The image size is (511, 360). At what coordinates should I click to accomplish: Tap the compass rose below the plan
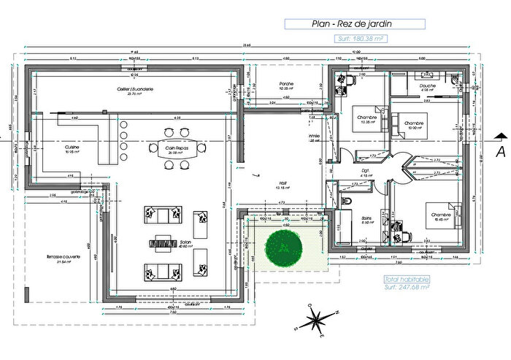(316, 318)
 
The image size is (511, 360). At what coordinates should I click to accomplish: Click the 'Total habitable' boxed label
(407, 279)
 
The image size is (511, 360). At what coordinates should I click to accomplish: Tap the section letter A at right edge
(501, 151)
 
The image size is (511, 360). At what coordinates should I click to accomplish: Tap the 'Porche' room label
(286, 84)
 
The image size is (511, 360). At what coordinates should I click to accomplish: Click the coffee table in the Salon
(162, 242)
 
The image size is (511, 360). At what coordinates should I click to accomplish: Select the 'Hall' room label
(280, 184)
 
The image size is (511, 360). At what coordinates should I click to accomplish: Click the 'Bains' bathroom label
(367, 217)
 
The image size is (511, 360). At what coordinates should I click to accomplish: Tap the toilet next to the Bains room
(347, 200)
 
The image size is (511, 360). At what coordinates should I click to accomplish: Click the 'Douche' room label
(428, 86)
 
